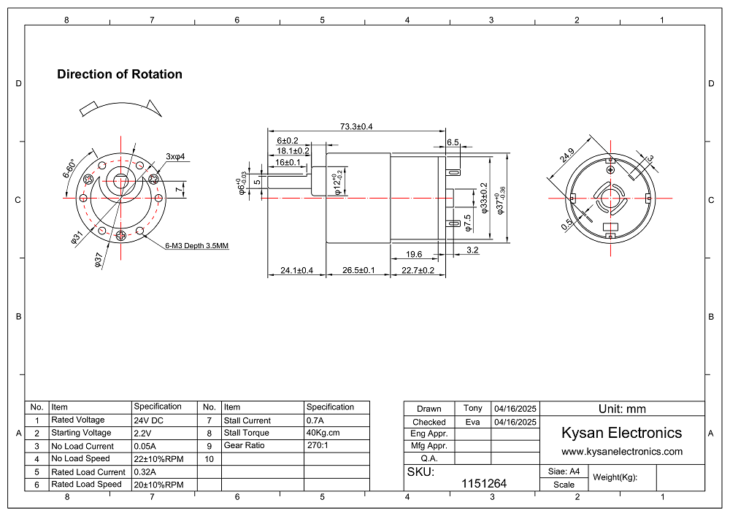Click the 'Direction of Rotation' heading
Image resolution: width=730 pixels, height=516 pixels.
pos(120,74)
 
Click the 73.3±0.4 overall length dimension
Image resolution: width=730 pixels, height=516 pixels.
pos(356,126)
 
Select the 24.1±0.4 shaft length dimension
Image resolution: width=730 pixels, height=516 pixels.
pos(296,271)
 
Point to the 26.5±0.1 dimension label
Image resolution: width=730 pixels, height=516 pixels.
pos(358,271)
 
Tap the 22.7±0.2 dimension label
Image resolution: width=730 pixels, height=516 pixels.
pos(418,271)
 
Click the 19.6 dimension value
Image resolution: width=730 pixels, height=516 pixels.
pos(414,254)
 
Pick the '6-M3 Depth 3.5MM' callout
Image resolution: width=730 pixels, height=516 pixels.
pos(196,246)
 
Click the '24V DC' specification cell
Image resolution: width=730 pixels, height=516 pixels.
pos(149,420)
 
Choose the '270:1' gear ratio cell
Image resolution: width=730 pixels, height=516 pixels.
pos(317,445)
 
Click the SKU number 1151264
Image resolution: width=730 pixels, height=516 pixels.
pos(484,483)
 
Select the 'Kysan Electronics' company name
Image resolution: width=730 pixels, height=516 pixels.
pos(621,433)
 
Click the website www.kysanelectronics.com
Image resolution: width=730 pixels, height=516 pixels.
pos(622,452)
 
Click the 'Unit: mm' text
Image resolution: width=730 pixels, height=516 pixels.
pos(622,409)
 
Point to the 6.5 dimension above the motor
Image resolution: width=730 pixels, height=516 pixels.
pos(453,142)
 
